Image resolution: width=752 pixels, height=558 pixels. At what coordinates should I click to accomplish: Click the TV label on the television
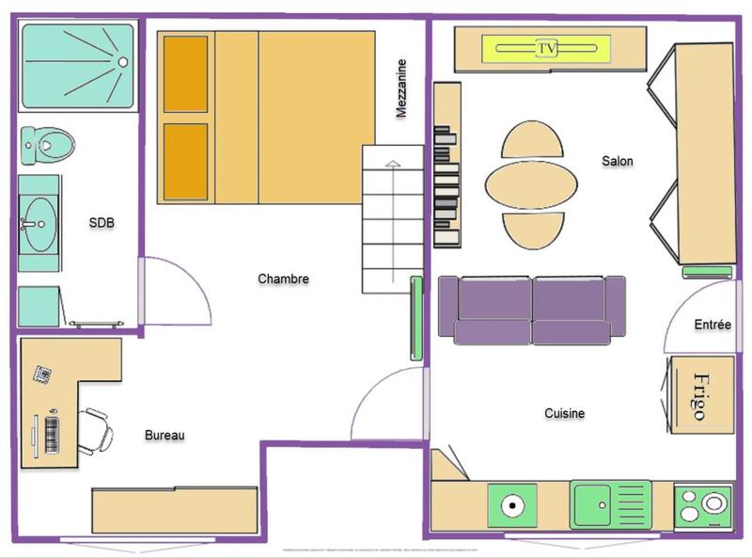coord(546,47)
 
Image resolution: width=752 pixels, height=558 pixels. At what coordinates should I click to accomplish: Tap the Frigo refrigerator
coord(700,395)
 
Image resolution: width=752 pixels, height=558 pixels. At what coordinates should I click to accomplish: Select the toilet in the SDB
coord(47,146)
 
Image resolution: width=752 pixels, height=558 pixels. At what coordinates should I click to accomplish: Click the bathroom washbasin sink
coord(40,224)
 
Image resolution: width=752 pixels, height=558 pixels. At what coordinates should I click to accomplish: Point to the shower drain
coord(121,62)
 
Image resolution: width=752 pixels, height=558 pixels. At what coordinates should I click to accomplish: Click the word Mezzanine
coord(401,88)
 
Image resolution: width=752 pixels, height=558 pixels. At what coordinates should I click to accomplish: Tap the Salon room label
coord(618,161)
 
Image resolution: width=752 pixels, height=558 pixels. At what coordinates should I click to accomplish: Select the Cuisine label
coord(565,413)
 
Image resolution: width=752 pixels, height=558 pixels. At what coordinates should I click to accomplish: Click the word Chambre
coord(283,279)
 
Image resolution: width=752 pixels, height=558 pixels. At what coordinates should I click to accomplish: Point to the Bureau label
coord(164,435)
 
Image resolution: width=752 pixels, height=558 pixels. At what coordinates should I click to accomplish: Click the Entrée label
coord(712,325)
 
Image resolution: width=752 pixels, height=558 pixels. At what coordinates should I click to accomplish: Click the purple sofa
coord(532,311)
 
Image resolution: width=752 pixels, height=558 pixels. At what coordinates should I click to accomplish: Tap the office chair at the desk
coord(96,430)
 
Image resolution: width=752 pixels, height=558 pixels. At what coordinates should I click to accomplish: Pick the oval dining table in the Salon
coord(531,184)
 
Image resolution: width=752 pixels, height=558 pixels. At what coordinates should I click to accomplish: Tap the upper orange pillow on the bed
coord(185,74)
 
